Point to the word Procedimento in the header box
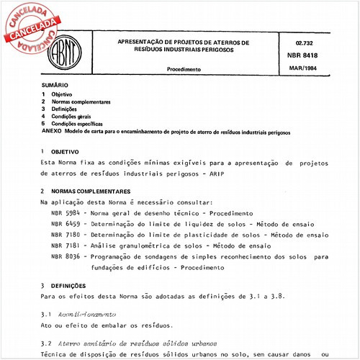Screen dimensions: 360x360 (184, 69)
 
